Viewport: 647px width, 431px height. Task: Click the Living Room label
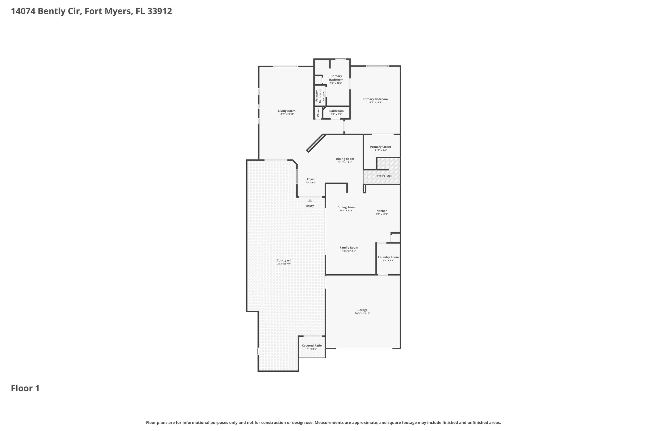click(x=287, y=111)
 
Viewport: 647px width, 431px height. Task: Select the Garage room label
click(x=362, y=310)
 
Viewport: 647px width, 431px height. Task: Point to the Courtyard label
click(x=284, y=261)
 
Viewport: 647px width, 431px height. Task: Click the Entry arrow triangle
click(x=310, y=201)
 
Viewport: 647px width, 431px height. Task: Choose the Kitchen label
click(x=382, y=211)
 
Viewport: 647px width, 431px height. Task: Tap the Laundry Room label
click(x=388, y=257)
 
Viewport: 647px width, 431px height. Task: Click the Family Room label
click(x=349, y=248)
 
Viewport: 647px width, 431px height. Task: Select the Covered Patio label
click(x=312, y=346)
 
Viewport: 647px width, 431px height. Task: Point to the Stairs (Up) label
click(x=384, y=176)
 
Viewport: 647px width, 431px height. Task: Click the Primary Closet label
click(x=381, y=147)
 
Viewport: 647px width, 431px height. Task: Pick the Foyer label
click(x=311, y=179)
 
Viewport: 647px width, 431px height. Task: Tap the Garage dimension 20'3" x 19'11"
click(x=362, y=313)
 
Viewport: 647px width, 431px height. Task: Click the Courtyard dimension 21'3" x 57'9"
click(x=284, y=264)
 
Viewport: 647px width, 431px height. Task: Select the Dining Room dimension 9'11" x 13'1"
click(x=345, y=162)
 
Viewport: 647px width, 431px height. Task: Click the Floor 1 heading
click(x=25, y=388)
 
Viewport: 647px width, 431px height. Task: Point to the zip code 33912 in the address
click(x=160, y=11)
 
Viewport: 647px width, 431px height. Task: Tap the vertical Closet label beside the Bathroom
click(x=318, y=112)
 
